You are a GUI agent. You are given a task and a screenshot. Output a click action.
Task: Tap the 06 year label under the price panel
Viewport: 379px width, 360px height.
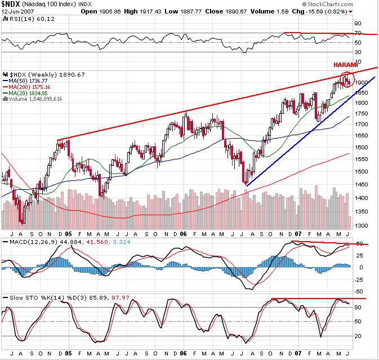[184, 233]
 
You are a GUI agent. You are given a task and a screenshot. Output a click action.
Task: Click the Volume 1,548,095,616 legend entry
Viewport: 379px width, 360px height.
[33, 99]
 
